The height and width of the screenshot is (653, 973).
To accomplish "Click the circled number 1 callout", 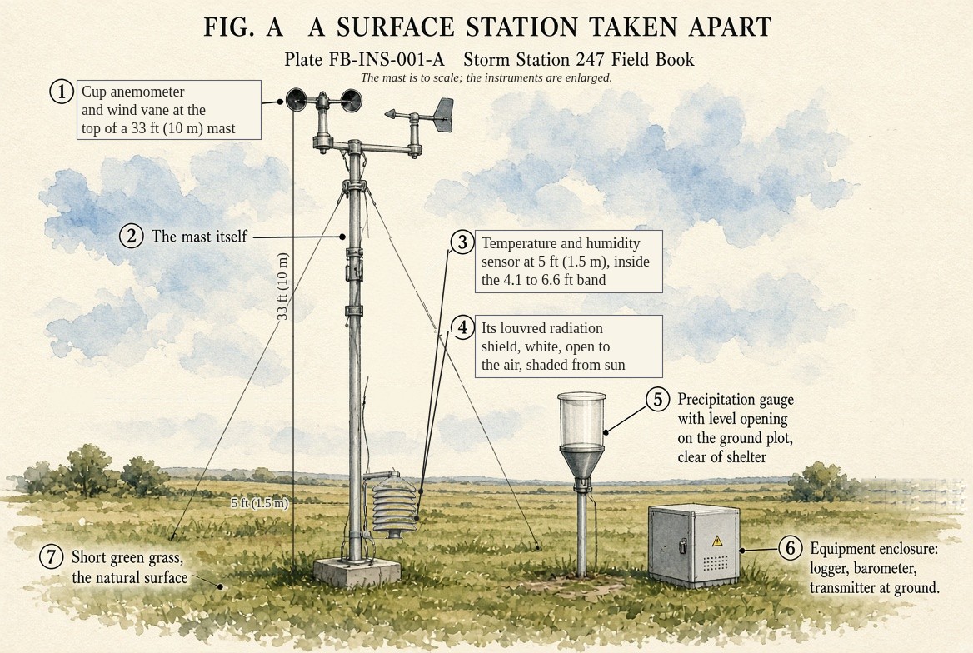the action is coord(62,92).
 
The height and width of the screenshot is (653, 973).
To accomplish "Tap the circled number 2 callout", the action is coord(131,237).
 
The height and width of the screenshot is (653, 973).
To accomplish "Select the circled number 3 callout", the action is coord(462,242).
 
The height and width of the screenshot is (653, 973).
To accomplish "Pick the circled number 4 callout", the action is coord(462,327).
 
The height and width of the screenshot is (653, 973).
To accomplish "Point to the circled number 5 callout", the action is coord(658,398).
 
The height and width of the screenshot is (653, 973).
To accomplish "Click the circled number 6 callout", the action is coord(791,548).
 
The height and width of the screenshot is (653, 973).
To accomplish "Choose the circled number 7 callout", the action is coord(52,556).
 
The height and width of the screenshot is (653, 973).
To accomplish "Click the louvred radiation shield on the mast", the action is coord(395,505).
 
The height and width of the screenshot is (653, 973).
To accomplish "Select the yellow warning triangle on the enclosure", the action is coord(717,541).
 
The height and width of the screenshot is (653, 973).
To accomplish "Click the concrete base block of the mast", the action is coord(357,571).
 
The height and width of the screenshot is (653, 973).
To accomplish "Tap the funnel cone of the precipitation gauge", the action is coord(581,461).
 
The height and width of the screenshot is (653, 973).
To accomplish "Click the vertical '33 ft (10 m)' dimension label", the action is coord(283,287).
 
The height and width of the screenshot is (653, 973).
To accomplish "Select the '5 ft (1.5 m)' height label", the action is coord(259,503).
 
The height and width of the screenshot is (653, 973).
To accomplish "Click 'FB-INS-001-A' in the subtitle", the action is coord(387,60).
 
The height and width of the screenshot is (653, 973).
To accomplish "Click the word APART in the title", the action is coord(730,27).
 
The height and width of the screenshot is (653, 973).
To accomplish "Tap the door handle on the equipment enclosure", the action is coord(682,546).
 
